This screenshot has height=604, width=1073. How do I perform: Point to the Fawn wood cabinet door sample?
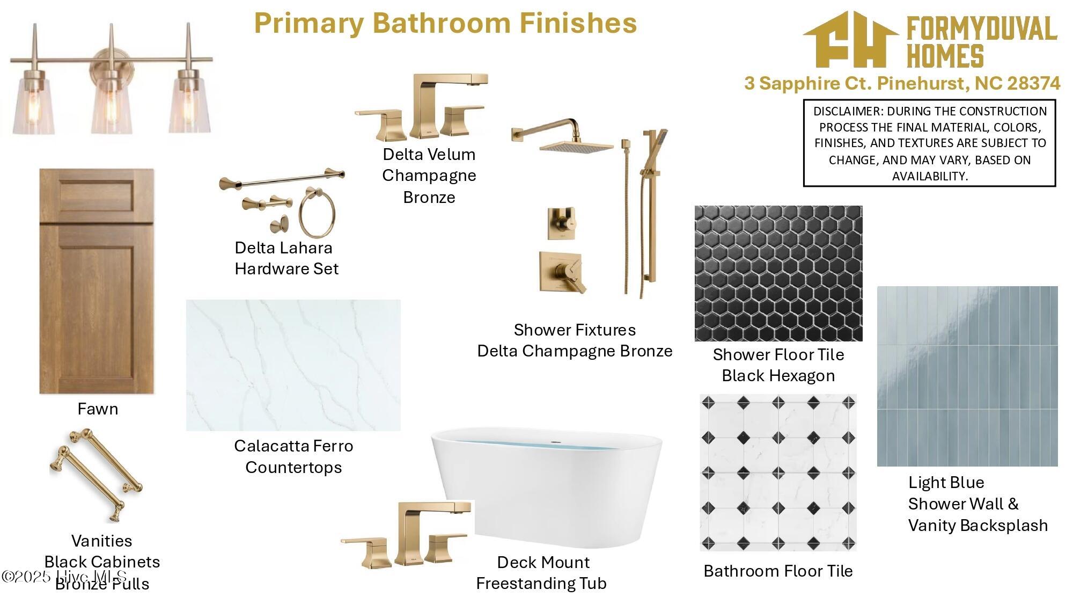[97, 281]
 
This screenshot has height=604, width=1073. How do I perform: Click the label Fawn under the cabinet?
[98, 409]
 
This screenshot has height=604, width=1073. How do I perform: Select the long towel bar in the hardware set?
[282, 179]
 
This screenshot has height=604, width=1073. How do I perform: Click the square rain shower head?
[576, 146]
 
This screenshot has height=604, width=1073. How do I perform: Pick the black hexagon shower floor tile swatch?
[778, 273]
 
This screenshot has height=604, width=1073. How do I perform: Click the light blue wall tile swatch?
[967, 376]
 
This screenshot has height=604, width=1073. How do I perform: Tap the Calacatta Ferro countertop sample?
[293, 365]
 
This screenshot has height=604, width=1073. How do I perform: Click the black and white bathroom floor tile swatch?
[778, 472]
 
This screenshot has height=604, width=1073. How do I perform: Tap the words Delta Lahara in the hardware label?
[283, 248]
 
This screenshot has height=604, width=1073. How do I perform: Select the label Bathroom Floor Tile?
[778, 571]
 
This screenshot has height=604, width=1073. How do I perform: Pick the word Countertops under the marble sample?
[293, 467]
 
